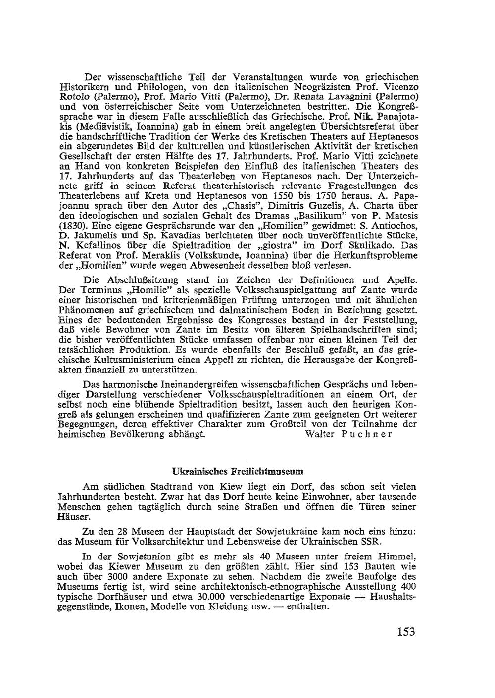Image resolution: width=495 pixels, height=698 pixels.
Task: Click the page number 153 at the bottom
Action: pyautogui.click(x=405, y=632)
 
